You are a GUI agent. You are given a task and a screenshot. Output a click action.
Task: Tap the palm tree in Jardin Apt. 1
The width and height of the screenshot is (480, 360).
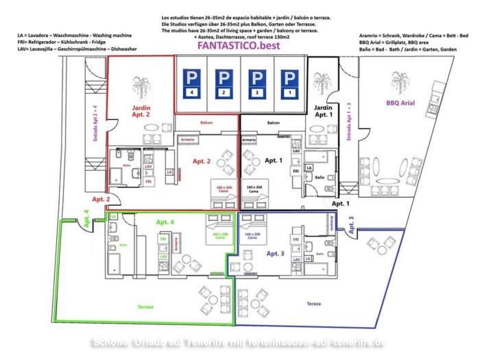point(321,88)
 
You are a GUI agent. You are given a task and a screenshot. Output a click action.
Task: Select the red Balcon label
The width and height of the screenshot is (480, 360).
point(206,123)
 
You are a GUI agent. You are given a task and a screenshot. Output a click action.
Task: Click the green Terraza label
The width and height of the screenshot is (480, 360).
point(145,307)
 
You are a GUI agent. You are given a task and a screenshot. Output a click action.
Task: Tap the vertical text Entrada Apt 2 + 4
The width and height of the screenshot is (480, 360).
point(95,123)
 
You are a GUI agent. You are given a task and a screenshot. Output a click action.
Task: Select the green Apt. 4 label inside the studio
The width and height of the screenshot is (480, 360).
point(166,222)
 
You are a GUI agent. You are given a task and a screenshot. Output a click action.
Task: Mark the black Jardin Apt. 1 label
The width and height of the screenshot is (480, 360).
point(323,112)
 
